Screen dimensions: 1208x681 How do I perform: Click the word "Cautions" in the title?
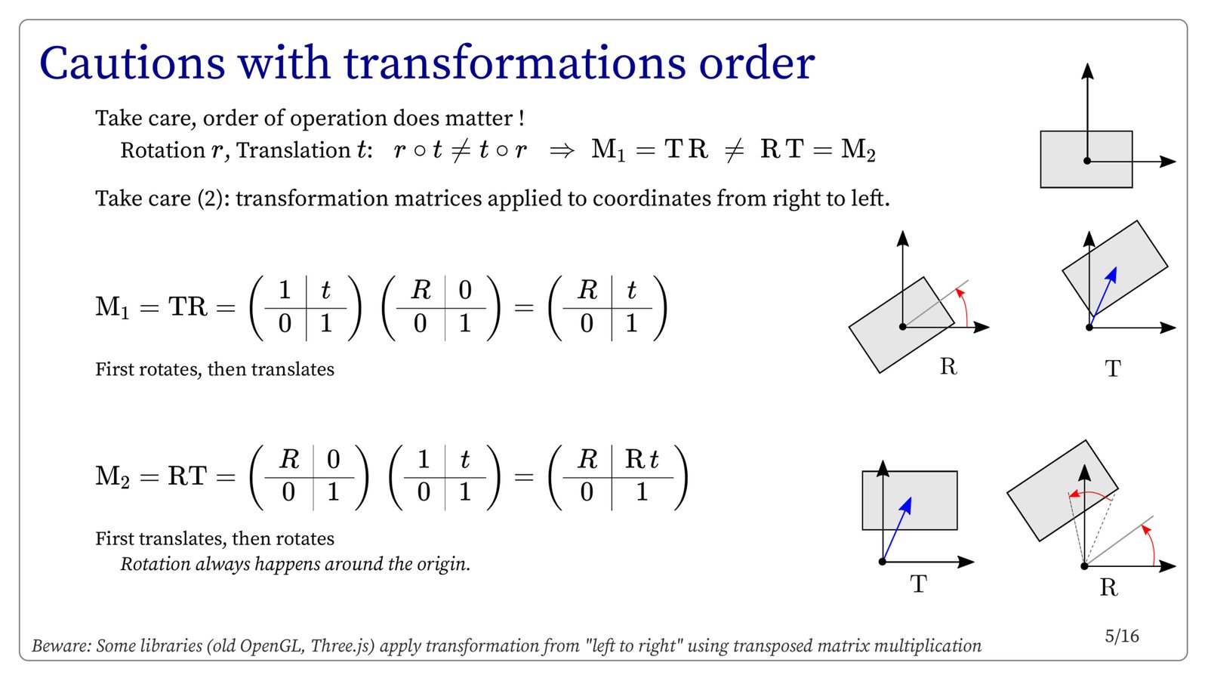[132, 63]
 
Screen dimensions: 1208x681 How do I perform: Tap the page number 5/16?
[1122, 636]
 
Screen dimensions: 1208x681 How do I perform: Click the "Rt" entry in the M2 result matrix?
[642, 459]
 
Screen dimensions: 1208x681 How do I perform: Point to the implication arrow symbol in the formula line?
[562, 150]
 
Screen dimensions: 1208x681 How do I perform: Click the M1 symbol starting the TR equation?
[112, 307]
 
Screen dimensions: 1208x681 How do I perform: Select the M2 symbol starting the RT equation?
[112, 476]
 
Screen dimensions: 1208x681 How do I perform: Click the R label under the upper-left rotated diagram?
[948, 367]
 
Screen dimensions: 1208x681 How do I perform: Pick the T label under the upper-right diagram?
[1113, 368]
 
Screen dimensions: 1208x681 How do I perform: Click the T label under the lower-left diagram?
[918, 584]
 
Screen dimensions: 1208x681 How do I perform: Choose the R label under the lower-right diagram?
[1109, 587]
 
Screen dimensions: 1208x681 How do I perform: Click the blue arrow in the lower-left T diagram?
[897, 529]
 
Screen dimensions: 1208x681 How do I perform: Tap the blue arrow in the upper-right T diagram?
[1103, 297]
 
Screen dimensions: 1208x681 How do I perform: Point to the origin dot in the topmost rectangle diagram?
[1087, 161]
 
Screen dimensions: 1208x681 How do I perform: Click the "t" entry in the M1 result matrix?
[631, 290]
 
